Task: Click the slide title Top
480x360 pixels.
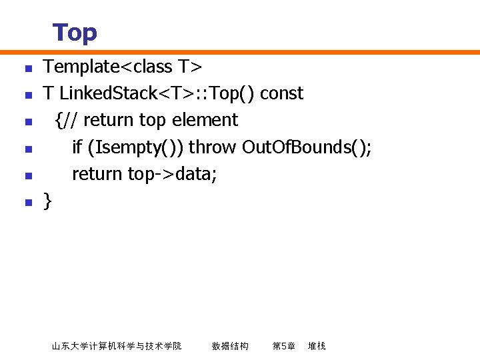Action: coord(75,33)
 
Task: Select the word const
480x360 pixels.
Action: coord(281,93)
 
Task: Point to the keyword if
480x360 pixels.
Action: coord(77,147)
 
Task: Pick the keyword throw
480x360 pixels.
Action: coord(213,147)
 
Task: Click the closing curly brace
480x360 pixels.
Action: coord(47,201)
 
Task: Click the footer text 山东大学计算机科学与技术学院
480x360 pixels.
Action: coord(117,346)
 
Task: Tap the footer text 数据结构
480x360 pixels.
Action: coord(230,346)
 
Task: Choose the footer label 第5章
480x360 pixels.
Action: coord(283,346)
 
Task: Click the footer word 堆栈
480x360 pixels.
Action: coord(317,346)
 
